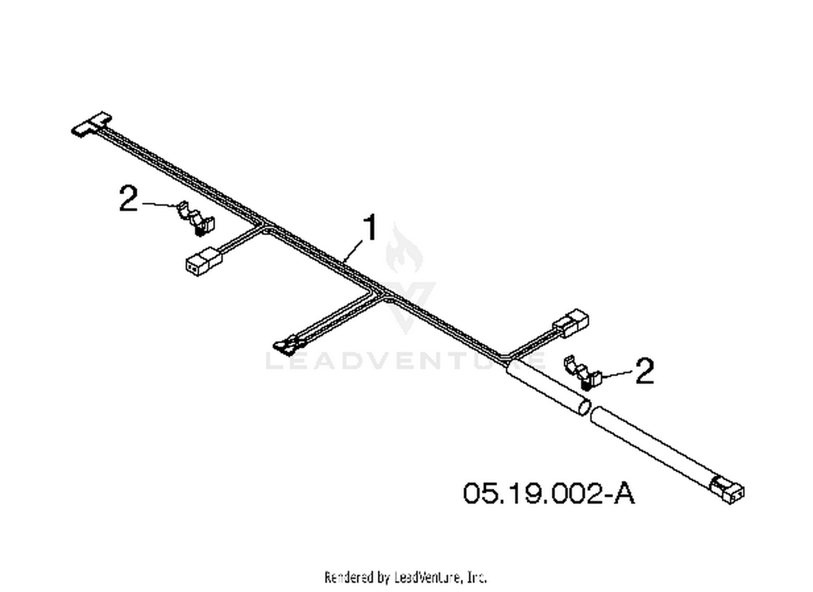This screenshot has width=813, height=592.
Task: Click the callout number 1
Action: coord(370,228)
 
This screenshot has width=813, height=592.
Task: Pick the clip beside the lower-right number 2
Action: coord(583,373)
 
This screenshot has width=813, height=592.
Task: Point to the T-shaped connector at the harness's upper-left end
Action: coord(92,124)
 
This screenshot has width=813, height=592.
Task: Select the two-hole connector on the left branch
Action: coord(204,261)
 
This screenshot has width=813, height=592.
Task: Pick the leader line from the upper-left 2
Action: coord(161,205)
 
